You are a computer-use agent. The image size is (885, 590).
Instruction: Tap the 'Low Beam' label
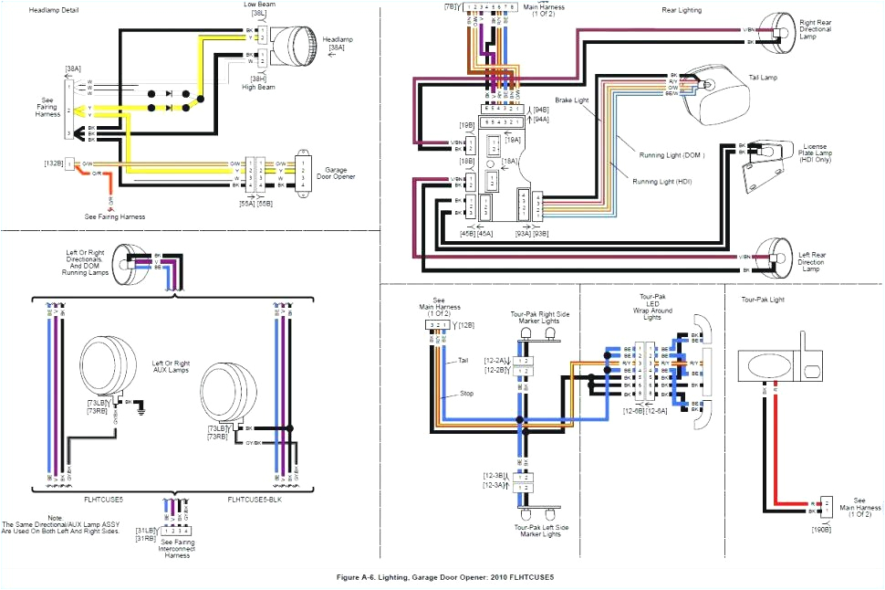click(259, 5)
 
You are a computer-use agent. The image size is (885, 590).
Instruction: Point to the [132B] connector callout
click(52, 165)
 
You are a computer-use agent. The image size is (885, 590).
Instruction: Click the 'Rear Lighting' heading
click(681, 10)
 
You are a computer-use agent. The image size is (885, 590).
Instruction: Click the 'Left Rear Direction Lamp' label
click(817, 263)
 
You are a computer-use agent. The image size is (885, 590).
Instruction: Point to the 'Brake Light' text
click(572, 98)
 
